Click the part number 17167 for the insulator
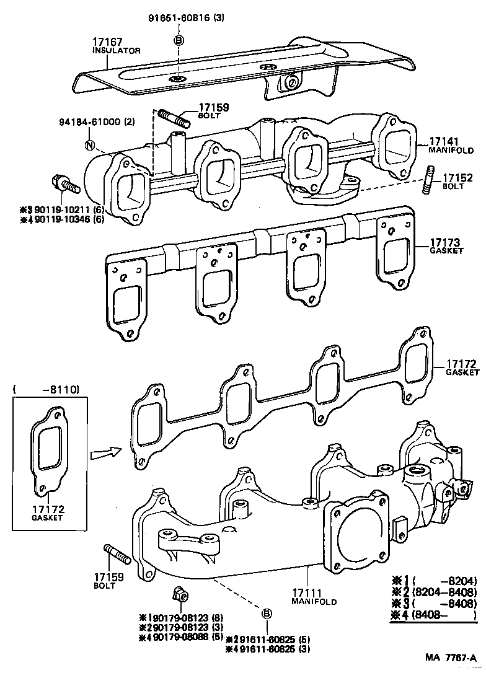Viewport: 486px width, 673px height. pyautogui.click(x=107, y=42)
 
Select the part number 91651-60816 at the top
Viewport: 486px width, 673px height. pyautogui.click(x=177, y=18)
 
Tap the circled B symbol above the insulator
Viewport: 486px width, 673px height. pyautogui.click(x=179, y=40)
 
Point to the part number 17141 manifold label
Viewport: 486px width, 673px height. pyautogui.click(x=442, y=141)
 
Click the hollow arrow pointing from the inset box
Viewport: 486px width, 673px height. pyautogui.click(x=105, y=454)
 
